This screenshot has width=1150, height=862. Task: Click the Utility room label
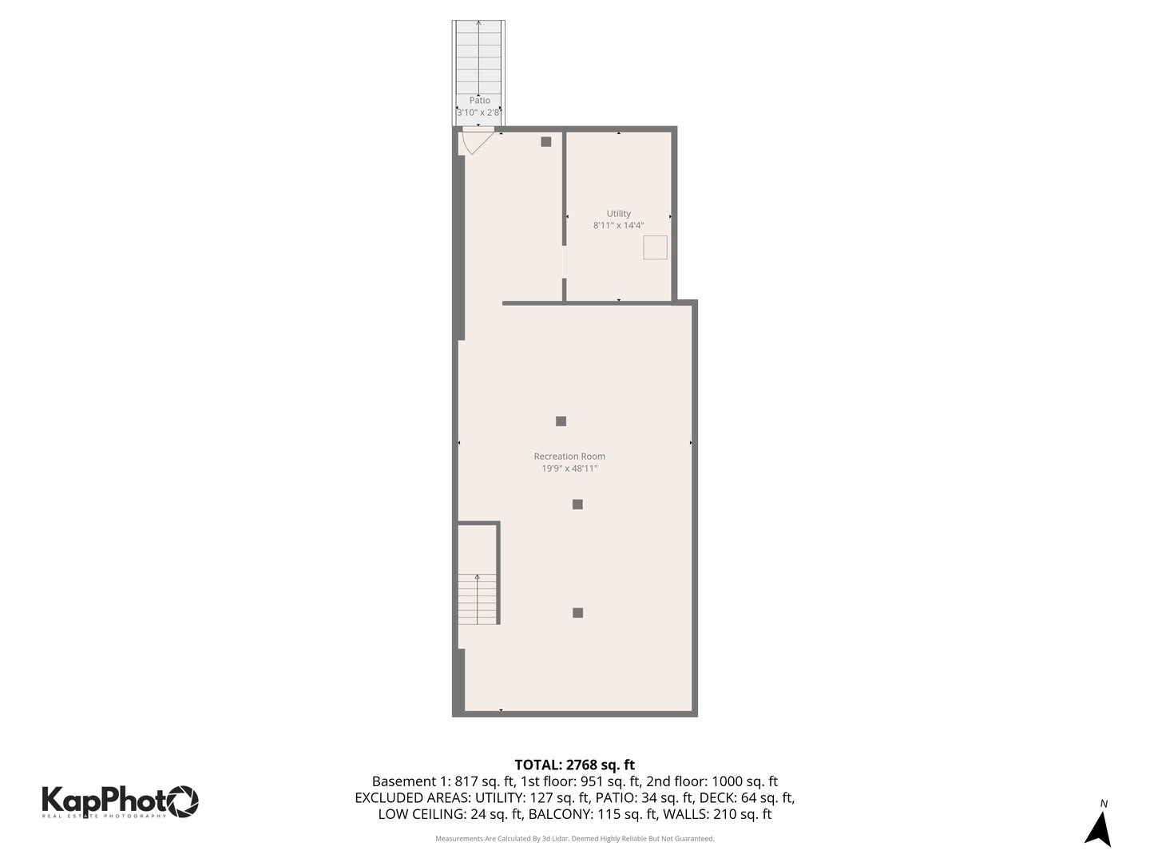618,213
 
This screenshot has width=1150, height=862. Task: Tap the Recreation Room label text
569,457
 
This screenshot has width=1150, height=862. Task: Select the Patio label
479,101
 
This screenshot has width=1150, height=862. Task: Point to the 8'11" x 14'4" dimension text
618,226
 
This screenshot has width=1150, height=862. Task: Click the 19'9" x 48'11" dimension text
569,469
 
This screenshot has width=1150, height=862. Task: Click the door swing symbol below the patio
477,141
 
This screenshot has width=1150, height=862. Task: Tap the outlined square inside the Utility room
656,247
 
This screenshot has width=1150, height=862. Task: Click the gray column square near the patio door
546,142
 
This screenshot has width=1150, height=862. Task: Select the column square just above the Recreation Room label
561,421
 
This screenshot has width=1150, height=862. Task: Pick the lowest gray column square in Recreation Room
577,613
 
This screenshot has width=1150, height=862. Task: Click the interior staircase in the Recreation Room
478,599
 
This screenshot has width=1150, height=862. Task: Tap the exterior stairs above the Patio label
478,56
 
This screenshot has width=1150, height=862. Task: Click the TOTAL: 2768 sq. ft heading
574,765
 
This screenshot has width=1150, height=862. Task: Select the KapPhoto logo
120,801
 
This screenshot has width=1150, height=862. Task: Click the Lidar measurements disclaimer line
574,839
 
